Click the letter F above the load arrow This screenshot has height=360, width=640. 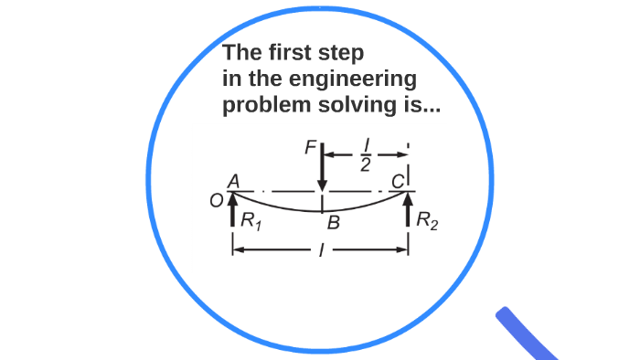point(309,146)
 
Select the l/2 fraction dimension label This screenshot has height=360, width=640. point(364,157)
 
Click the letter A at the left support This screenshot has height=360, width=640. point(234,183)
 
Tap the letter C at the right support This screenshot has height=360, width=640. point(398,183)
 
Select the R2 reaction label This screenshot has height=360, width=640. point(427,220)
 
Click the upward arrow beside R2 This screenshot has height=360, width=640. point(408,208)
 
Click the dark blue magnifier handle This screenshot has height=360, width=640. point(526,334)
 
